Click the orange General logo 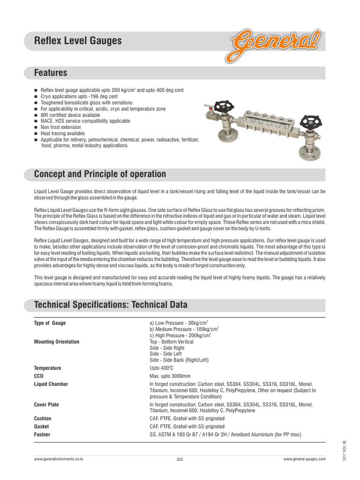275,43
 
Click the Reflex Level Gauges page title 78,41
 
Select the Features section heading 51,73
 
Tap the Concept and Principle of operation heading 100,174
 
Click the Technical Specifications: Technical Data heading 111,305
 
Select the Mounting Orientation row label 57,342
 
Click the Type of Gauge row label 50,323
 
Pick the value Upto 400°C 162,368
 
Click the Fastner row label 42,435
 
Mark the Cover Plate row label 46,405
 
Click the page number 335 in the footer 180,459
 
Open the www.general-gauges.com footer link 304,459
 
